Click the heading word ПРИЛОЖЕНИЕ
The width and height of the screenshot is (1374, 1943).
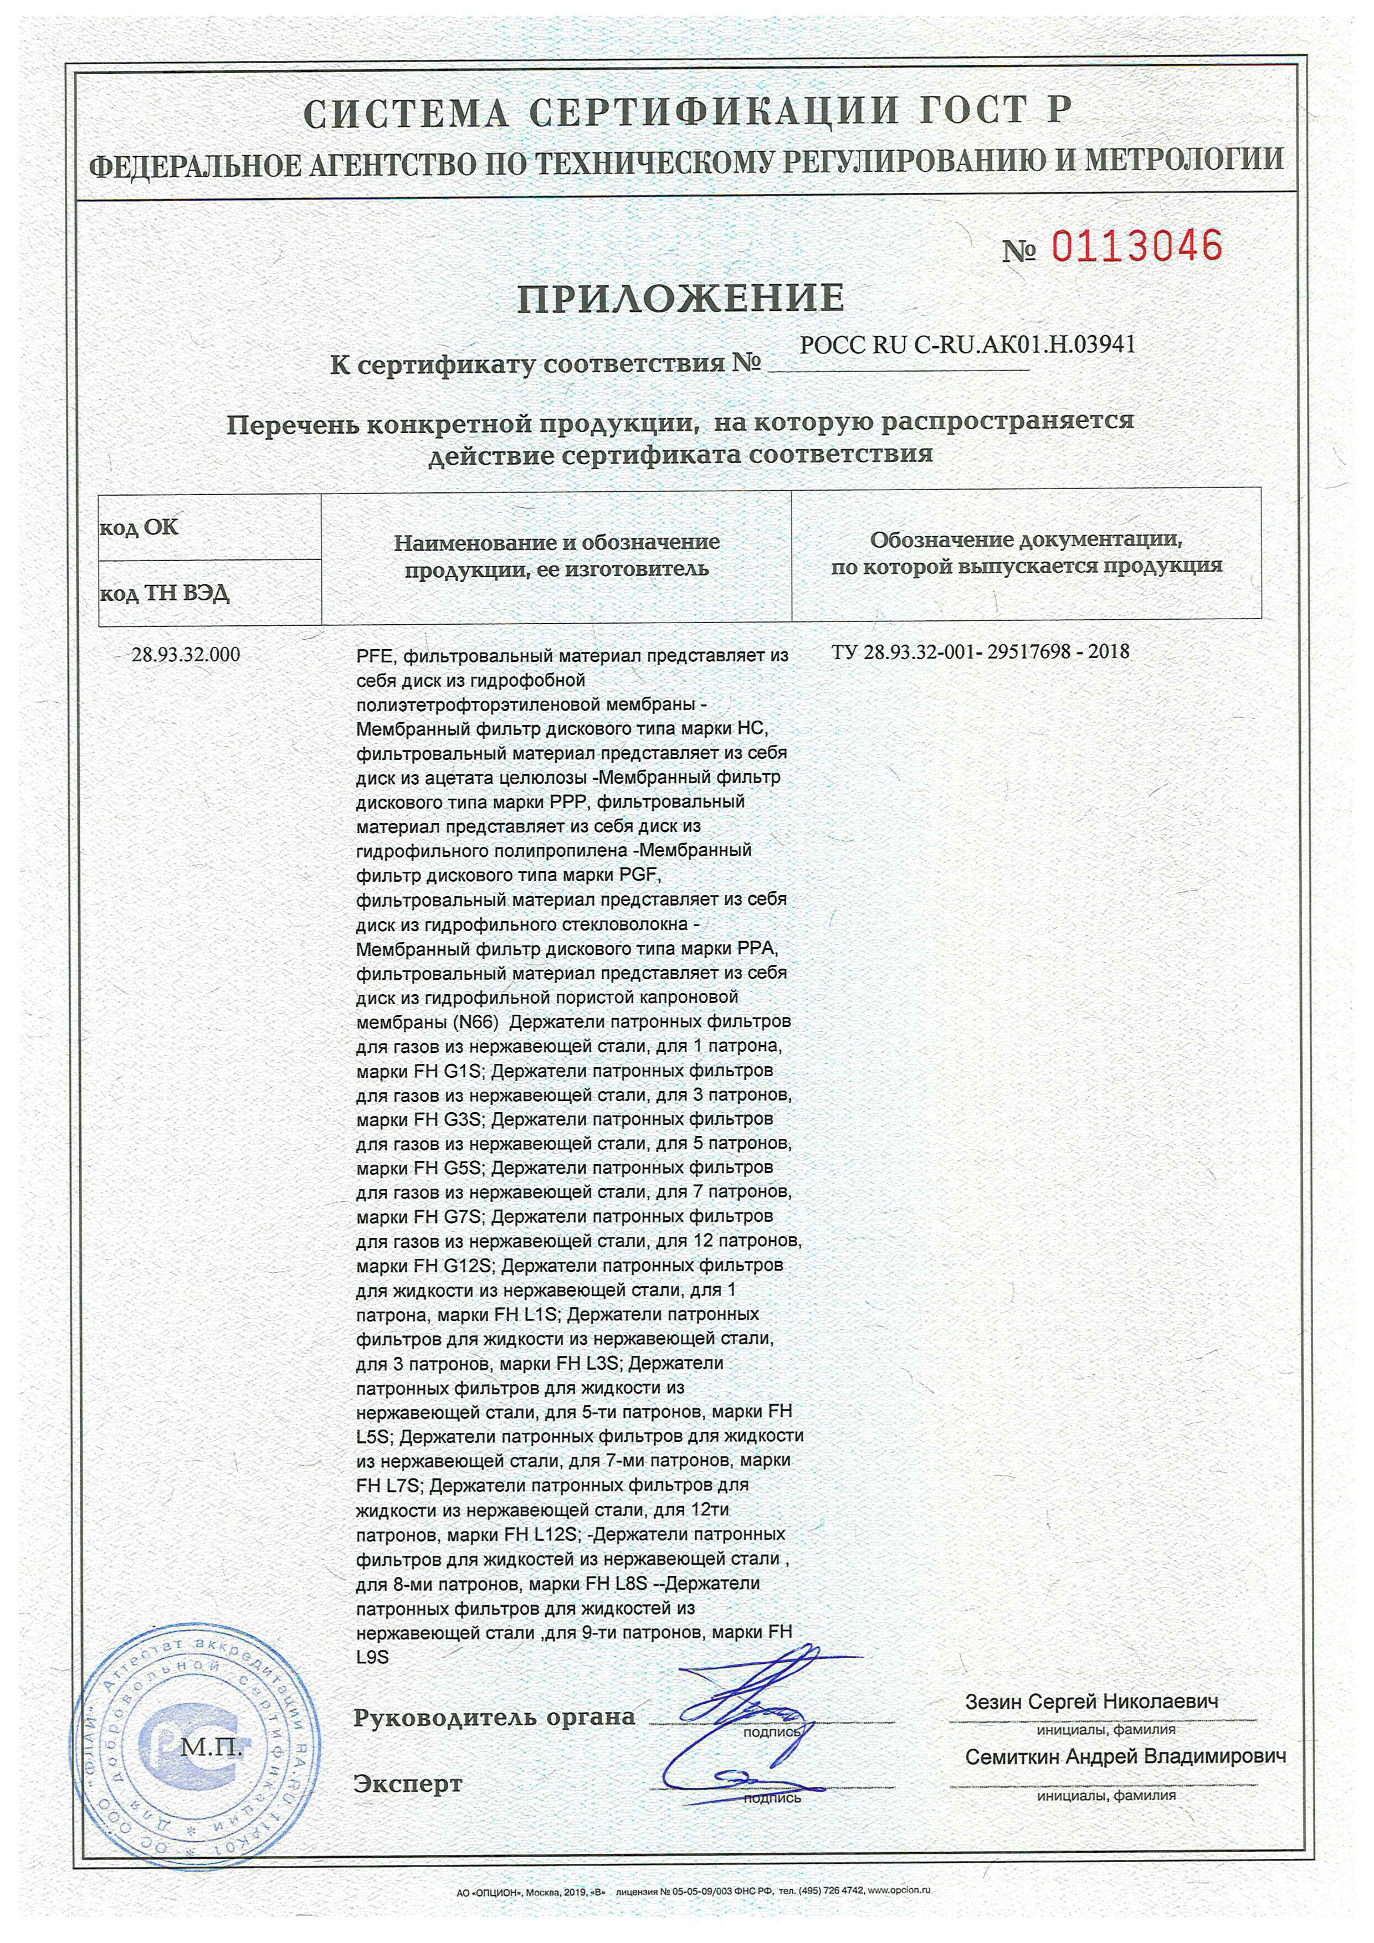(681, 298)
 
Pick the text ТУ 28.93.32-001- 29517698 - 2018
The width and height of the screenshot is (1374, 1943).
(980, 651)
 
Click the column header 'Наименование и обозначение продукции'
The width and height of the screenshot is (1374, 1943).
(556, 555)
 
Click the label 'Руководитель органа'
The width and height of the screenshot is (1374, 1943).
(494, 1718)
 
